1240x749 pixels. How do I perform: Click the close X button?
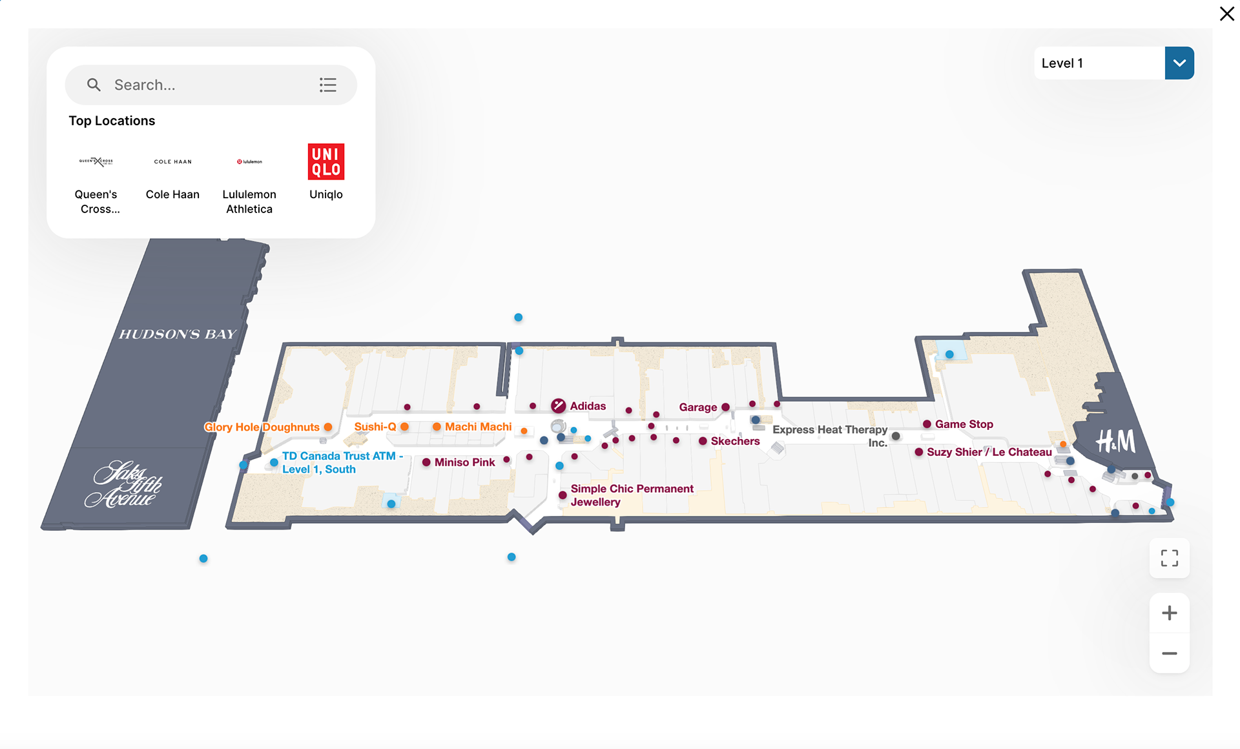pos(1226,14)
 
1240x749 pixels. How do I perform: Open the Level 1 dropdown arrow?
pos(1179,63)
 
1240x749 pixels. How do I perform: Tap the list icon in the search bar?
pos(328,85)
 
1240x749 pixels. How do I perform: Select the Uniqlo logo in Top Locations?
pos(326,161)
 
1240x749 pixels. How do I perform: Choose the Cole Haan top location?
pos(172,162)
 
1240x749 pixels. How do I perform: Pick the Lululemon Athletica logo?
pos(249,161)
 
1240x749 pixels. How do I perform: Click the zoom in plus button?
pos(1169,613)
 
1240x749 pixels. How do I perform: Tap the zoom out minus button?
pos(1169,653)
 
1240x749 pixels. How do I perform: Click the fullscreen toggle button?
pos(1169,558)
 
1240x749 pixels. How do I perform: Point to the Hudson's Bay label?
pos(178,334)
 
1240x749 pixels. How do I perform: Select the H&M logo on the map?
pos(1115,442)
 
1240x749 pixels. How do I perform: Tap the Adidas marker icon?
pos(559,405)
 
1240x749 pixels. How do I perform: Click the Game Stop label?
pos(964,424)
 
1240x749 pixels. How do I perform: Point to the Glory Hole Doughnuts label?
pos(262,427)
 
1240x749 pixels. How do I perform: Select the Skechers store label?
pos(735,441)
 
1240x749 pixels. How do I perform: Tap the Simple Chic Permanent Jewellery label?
pos(632,495)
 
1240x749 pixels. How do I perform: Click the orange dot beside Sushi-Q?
pos(404,427)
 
